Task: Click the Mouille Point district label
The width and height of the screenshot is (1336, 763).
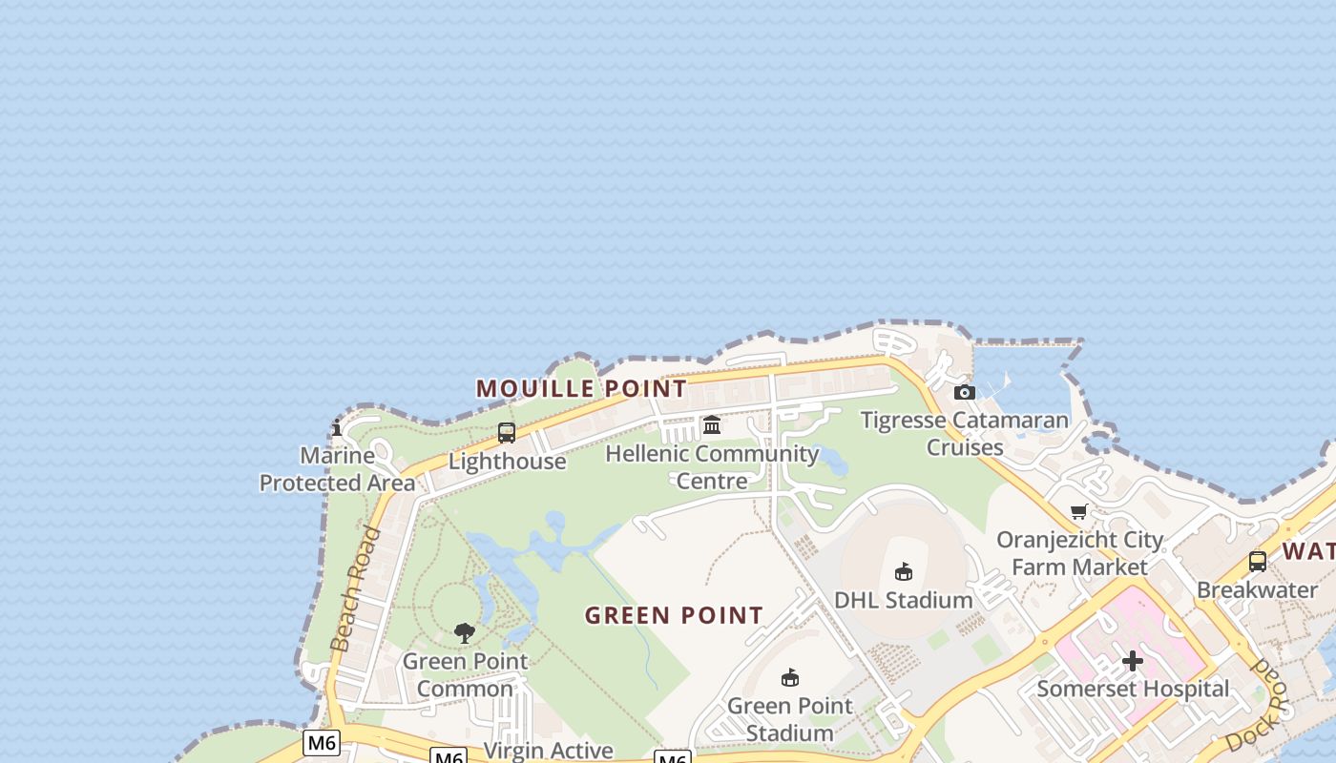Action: click(581, 389)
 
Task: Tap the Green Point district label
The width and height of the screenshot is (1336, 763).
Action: click(674, 615)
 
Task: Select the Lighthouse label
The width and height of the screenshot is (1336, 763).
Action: click(507, 462)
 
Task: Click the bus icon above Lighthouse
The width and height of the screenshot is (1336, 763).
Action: click(507, 433)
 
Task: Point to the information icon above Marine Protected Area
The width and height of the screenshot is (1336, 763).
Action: click(337, 428)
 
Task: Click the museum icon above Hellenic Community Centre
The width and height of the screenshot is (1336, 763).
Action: click(712, 424)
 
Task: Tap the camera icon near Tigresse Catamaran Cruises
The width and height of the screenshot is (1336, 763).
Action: click(965, 392)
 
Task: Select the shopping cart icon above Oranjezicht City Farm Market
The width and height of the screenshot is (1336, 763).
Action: click(1079, 512)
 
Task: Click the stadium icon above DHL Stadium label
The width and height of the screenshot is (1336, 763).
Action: click(903, 571)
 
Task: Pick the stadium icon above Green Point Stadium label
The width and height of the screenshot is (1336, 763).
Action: click(789, 677)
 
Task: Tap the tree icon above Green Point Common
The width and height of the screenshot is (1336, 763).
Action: click(465, 632)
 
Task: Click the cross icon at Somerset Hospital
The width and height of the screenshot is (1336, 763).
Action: click(1133, 661)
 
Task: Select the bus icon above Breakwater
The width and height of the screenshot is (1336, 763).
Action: click(1258, 562)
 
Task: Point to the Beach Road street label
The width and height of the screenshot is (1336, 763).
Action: click(356, 588)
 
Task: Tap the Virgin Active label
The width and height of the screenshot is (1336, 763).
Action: click(549, 750)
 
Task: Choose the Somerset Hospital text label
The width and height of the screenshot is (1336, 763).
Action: click(1133, 689)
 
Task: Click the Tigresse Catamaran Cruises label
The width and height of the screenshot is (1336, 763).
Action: click(965, 433)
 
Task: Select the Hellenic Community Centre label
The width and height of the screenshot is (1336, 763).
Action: click(712, 466)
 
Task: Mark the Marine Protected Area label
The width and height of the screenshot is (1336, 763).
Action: click(337, 469)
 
